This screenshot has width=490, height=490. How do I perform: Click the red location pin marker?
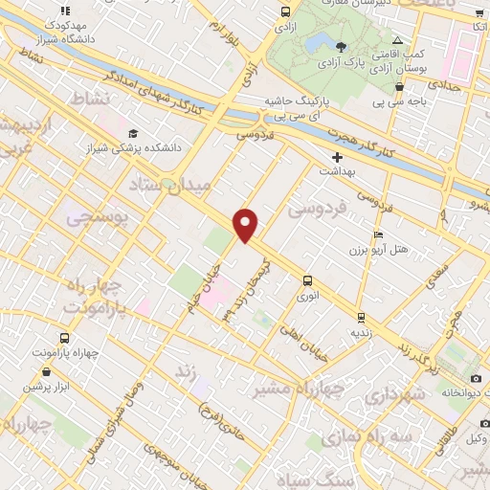246,225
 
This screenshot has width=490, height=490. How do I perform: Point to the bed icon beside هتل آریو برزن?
378,235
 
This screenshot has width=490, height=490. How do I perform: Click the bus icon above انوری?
307,280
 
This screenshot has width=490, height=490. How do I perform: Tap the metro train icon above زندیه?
360,317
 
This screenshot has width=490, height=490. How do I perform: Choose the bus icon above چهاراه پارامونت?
64,339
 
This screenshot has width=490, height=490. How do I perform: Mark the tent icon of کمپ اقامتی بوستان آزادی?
399,42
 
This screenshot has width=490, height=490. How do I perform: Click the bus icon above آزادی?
284,12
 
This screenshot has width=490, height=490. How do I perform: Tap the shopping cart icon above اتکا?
479,12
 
